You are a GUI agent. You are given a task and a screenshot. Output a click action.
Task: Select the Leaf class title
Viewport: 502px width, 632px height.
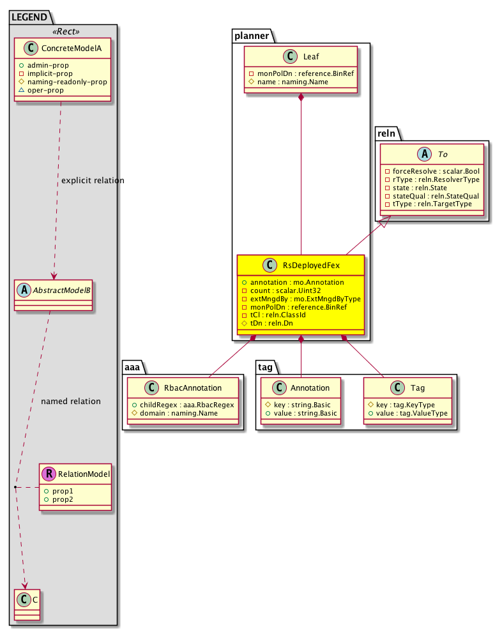point(311,56)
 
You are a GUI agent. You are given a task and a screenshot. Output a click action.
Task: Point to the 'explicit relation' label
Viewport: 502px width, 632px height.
point(93,181)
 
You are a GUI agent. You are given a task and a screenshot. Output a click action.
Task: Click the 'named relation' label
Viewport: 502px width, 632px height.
point(70,402)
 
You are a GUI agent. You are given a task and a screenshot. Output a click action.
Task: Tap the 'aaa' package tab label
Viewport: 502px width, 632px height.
point(132,366)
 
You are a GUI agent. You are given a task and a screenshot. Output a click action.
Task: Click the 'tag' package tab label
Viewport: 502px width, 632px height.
point(266,366)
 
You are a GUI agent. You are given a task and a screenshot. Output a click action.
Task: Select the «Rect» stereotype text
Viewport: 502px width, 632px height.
point(63,31)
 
